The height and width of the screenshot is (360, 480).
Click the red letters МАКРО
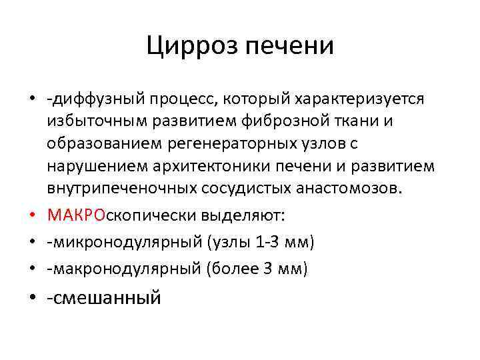coord(72,215)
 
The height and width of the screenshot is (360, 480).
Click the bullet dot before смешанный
coord(32,297)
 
